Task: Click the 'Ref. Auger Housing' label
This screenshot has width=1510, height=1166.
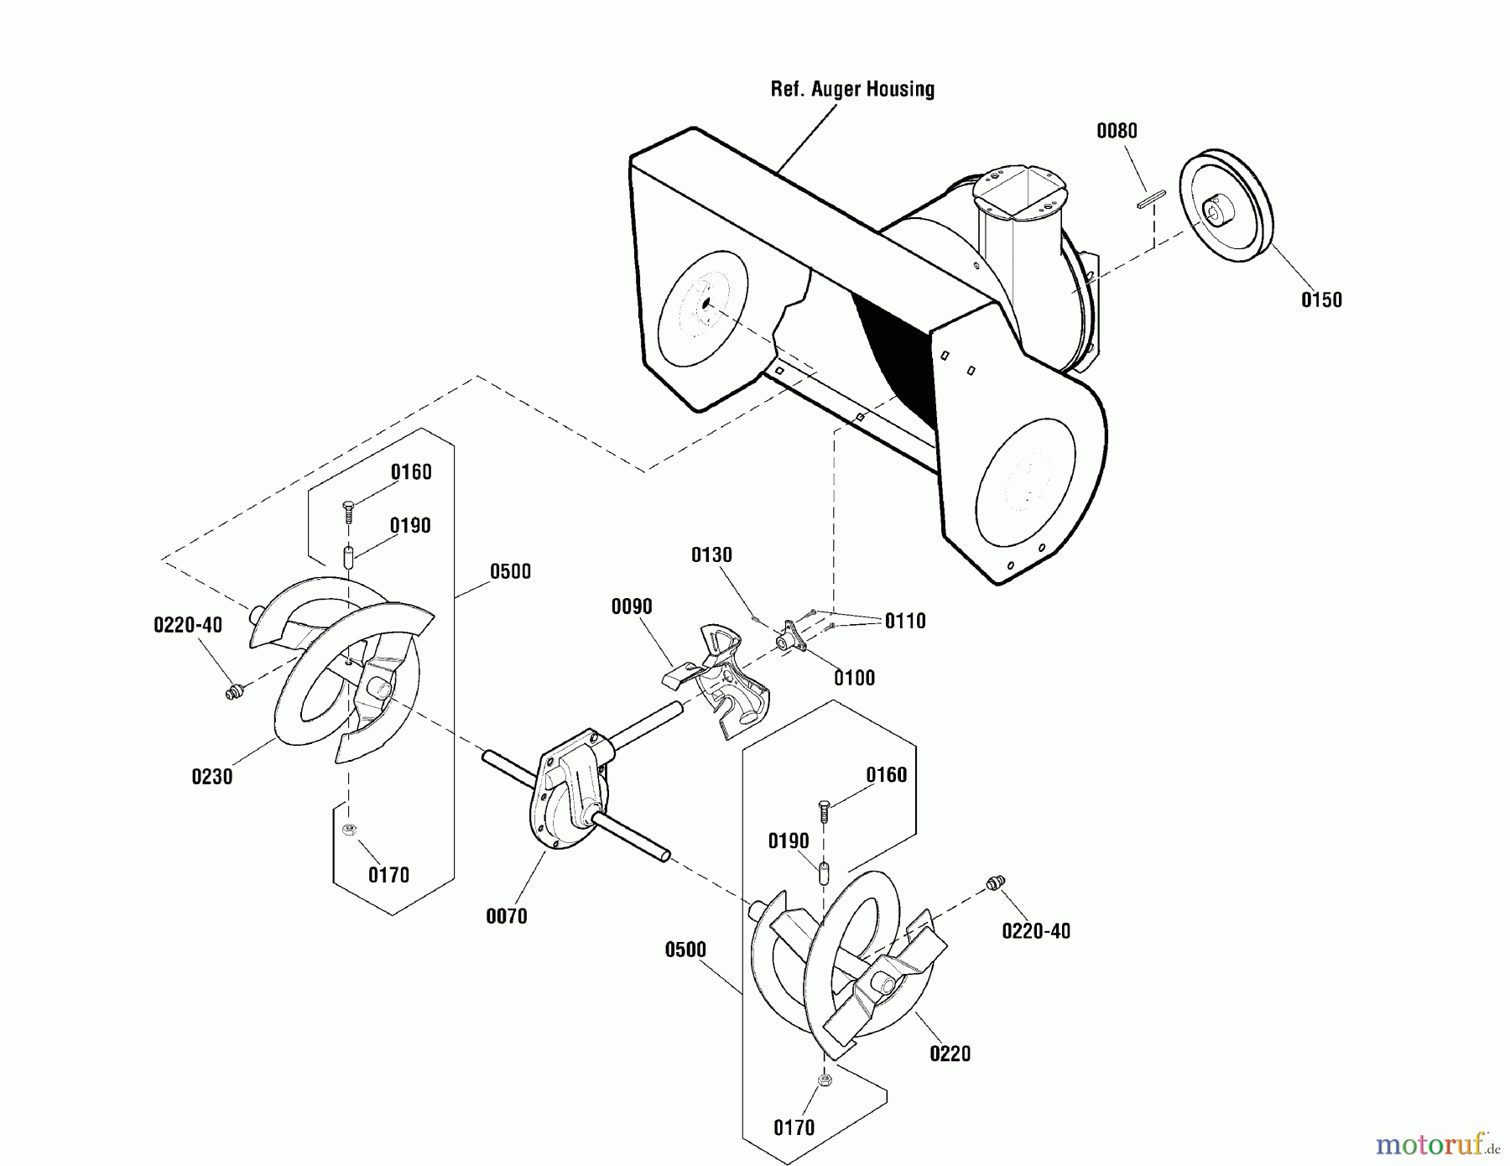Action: (x=852, y=89)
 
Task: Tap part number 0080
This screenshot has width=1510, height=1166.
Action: (x=1117, y=131)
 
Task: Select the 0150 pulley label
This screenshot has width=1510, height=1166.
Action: (x=1321, y=299)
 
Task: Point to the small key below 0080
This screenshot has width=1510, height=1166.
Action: (x=1148, y=202)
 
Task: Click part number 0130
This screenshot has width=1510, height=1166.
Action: (x=711, y=554)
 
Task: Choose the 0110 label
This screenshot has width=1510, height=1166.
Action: (x=905, y=621)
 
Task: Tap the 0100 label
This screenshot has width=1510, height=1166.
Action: (x=854, y=678)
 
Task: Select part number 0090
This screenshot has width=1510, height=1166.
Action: (x=632, y=606)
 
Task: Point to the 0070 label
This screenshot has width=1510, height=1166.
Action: (x=507, y=917)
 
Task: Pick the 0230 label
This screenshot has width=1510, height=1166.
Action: (x=212, y=777)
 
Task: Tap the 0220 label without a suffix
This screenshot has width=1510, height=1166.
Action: (x=950, y=1054)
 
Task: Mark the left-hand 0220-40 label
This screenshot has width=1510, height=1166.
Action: (x=188, y=625)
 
